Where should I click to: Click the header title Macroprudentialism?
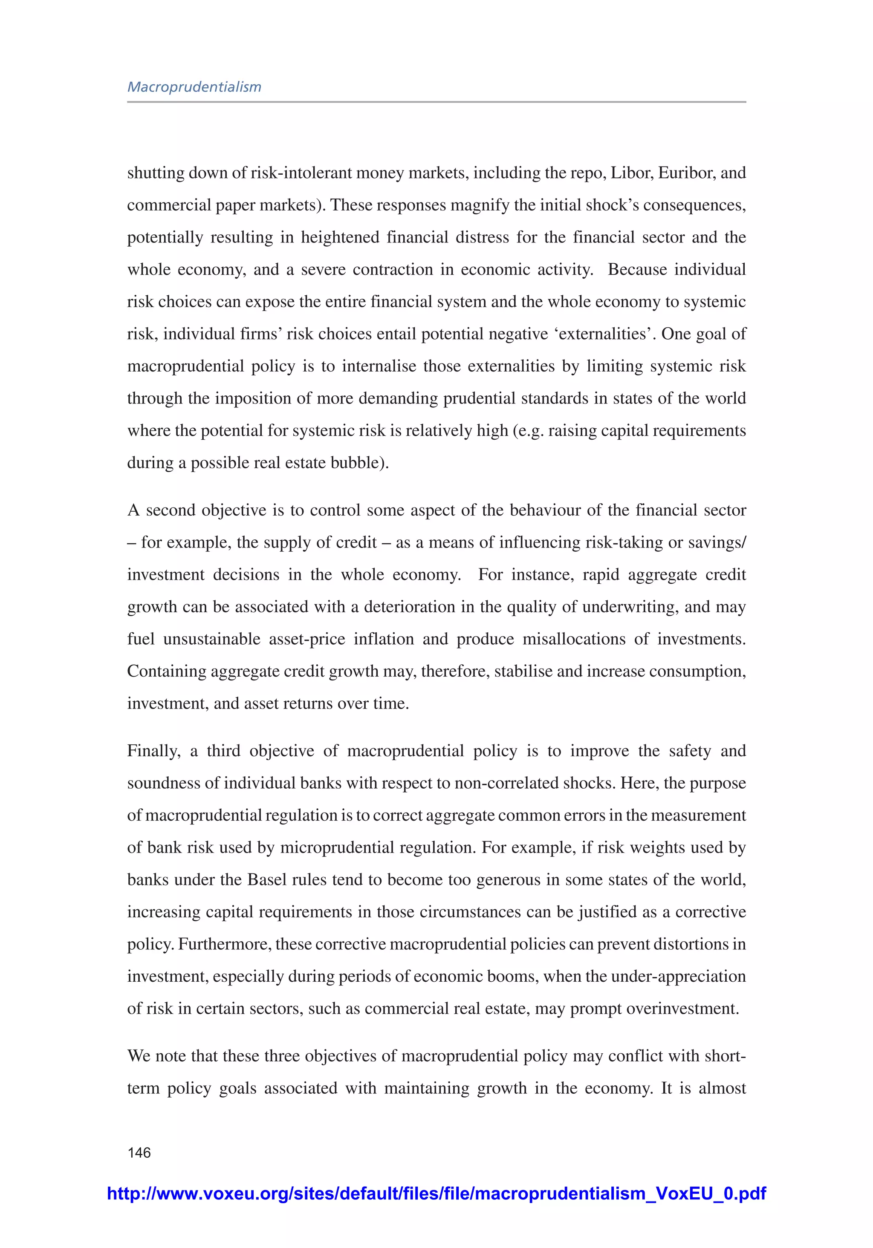pyautogui.click(x=194, y=87)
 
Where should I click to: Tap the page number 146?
pyautogui.click(x=139, y=1152)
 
